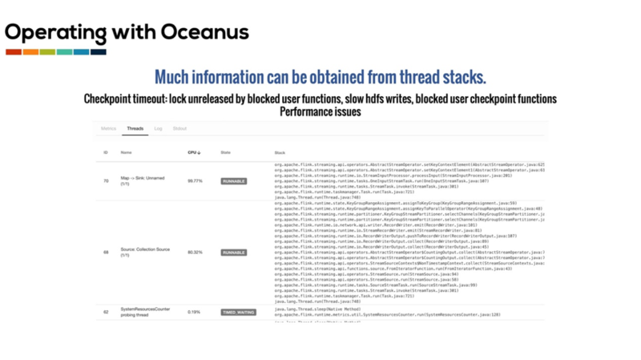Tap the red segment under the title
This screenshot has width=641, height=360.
pos(13,52)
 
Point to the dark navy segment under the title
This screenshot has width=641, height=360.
pos(99,52)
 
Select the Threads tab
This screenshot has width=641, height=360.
pos(135,128)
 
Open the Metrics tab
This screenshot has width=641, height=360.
pos(108,128)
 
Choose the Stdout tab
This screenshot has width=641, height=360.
pos(179,128)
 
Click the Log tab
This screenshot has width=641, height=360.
pos(159,128)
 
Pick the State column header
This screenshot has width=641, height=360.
pos(226,152)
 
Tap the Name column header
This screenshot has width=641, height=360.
pos(127,152)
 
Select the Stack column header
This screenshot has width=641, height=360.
pos(280,152)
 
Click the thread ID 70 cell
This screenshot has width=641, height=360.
pos(106,181)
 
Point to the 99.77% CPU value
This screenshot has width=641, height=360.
pos(195,181)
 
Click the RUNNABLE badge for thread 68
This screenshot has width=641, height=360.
pos(233,253)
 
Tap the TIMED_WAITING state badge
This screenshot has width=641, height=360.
pos(239,311)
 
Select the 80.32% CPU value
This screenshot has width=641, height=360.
pos(195,253)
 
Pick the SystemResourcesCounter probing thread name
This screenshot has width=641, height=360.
pos(145,311)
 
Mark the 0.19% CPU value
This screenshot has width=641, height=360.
pos(194,311)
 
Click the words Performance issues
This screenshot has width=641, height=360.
pos(320,112)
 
